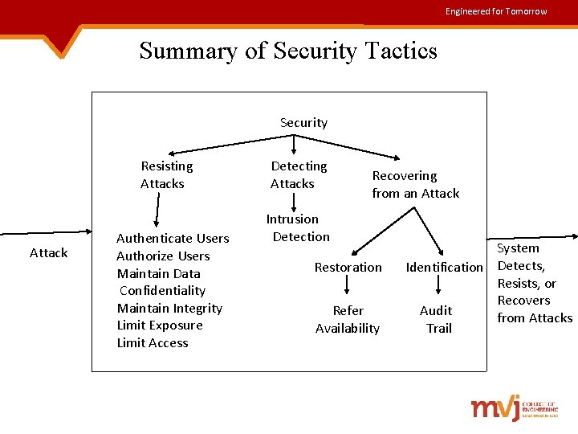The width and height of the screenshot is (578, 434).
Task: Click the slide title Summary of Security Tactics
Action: click(x=288, y=51)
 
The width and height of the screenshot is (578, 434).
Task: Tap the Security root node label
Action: click(x=303, y=123)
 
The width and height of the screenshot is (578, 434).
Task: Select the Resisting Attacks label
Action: click(x=166, y=174)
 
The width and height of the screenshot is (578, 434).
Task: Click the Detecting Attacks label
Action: click(x=299, y=174)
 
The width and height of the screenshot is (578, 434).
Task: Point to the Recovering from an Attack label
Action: click(x=416, y=184)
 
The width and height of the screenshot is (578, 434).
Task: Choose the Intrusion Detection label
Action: click(x=296, y=227)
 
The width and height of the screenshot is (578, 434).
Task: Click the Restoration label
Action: click(x=348, y=267)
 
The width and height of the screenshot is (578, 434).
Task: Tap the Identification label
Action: click(x=445, y=267)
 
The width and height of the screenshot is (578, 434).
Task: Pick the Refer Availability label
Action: click(x=348, y=319)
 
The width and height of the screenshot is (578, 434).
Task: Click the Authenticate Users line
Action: click(x=173, y=238)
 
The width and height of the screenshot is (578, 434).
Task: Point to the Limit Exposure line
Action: click(x=160, y=325)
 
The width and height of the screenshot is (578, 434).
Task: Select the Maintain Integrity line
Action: click(x=169, y=308)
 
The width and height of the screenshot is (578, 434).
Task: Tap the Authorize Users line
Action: click(x=163, y=256)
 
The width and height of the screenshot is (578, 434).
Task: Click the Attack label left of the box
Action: click(x=48, y=252)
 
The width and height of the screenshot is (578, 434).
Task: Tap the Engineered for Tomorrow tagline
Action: click(x=496, y=11)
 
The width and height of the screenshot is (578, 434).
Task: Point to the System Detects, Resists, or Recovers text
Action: click(x=535, y=283)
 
